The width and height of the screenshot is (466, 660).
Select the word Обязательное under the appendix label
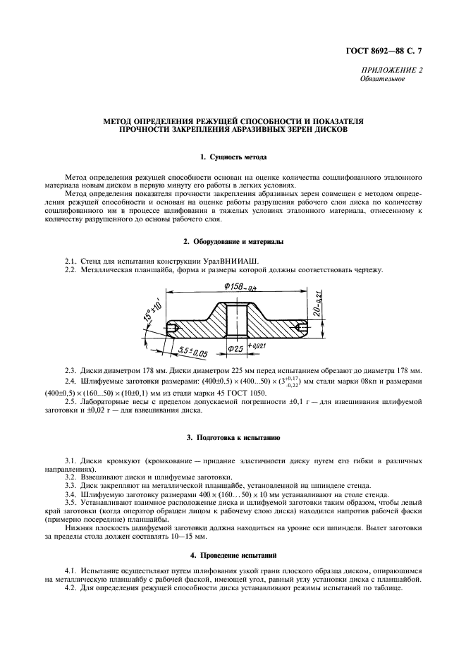click(x=382, y=79)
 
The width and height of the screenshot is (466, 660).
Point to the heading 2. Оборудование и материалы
click(x=233, y=242)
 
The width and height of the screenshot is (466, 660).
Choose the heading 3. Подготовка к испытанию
click(x=233, y=438)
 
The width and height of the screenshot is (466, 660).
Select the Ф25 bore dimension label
click(x=235, y=349)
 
